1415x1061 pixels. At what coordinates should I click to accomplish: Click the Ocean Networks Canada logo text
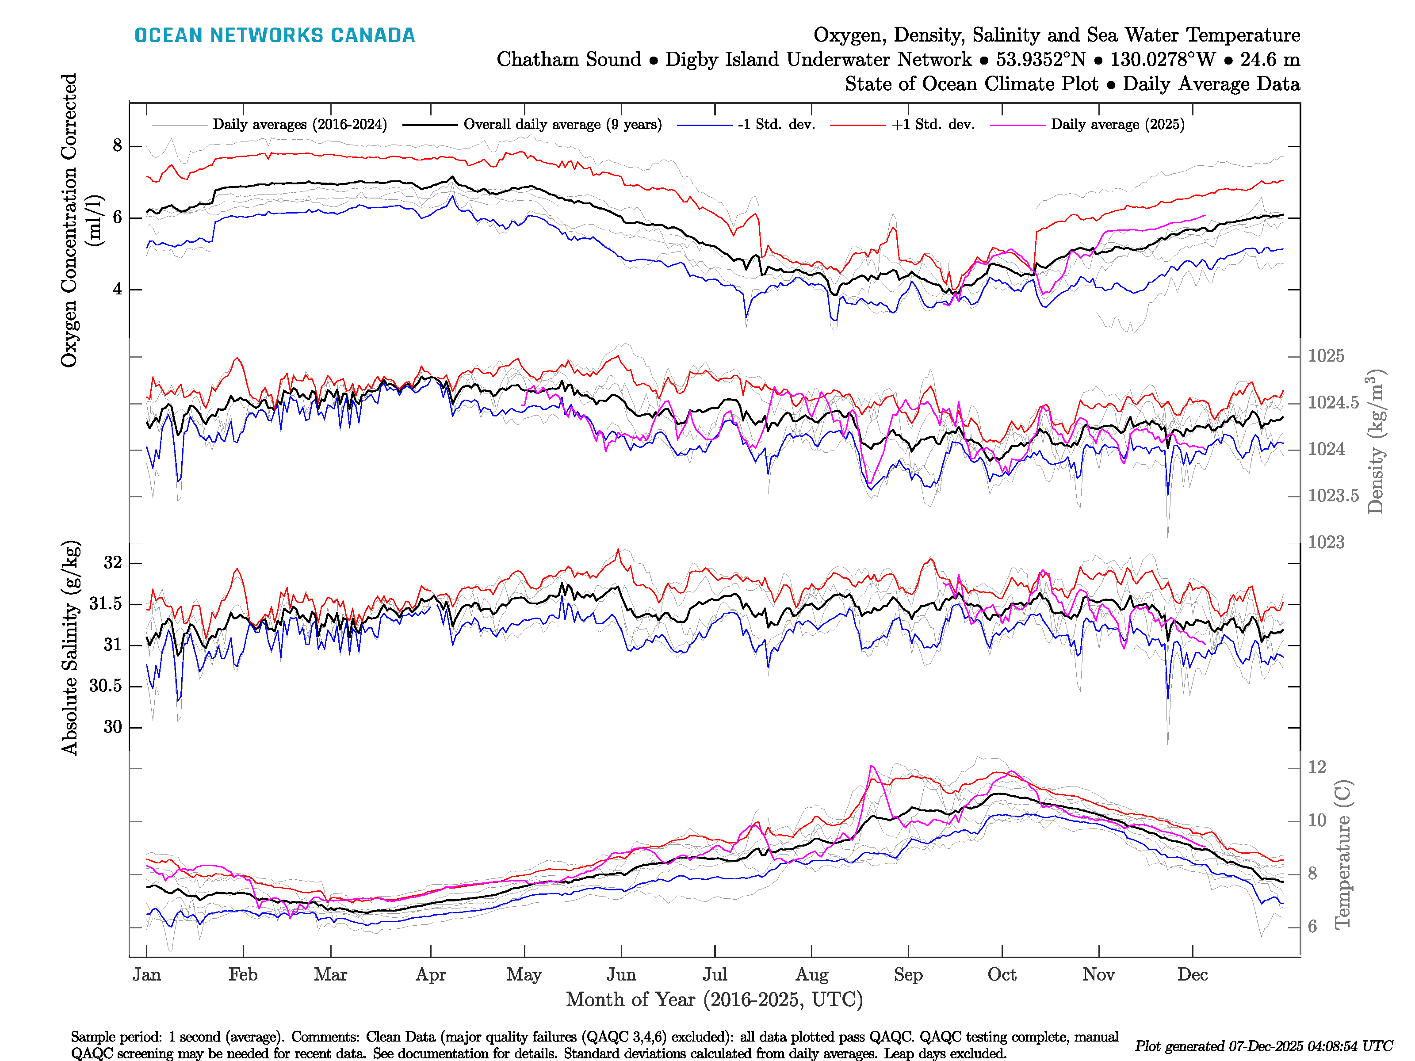pyautogui.click(x=275, y=35)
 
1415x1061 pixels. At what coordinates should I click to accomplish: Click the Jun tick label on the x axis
pyautogui.click(x=621, y=975)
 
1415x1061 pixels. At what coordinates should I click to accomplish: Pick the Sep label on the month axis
pyautogui.click(x=908, y=975)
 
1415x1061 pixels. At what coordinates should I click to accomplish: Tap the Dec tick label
pyautogui.click(x=1193, y=975)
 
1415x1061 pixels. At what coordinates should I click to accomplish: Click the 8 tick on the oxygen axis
pyautogui.click(x=117, y=146)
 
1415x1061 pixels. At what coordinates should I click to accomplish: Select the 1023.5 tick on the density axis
pyautogui.click(x=1333, y=496)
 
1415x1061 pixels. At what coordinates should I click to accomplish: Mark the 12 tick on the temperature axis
pyautogui.click(x=1317, y=767)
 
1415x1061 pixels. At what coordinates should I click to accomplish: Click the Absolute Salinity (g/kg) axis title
pyautogui.click(x=70, y=647)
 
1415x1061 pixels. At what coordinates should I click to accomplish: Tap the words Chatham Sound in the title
pyautogui.click(x=569, y=60)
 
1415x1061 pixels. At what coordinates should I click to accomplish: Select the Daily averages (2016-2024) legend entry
pyautogui.click(x=299, y=125)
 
